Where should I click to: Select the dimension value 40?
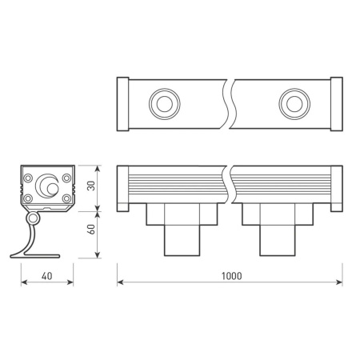(x=47, y=275)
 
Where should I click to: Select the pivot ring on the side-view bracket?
(x=33, y=219)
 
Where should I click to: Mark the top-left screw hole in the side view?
(x=29, y=178)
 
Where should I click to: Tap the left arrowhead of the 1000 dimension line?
(x=121, y=284)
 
